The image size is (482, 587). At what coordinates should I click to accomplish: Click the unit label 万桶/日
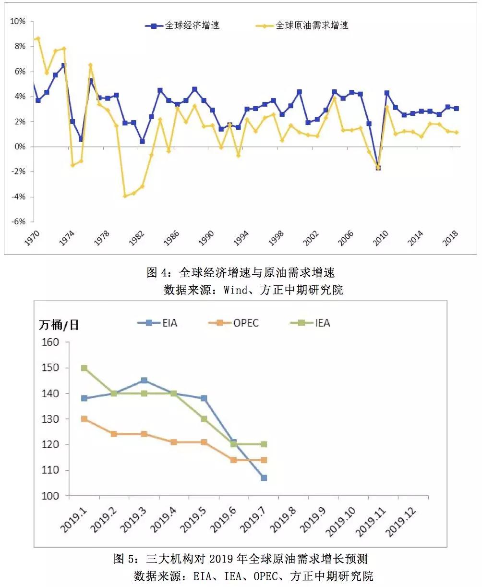[x=59, y=325]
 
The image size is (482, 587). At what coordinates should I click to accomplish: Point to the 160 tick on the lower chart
[x=51, y=342]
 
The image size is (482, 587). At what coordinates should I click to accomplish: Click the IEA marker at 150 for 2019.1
[x=84, y=368]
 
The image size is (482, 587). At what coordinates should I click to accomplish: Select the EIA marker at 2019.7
[x=264, y=478]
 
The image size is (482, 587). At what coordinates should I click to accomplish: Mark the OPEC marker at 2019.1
[x=84, y=419]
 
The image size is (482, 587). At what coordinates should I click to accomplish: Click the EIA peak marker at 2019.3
[x=144, y=380]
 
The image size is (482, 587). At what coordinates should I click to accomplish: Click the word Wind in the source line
[x=234, y=290]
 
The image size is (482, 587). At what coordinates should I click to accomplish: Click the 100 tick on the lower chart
[x=51, y=496]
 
